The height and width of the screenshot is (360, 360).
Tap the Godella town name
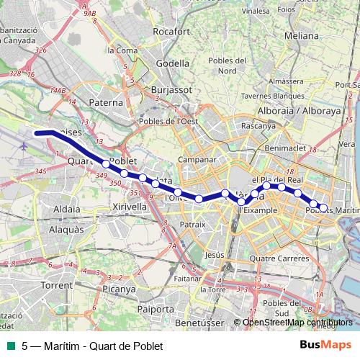tap(174, 63)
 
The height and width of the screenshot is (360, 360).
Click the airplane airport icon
tap(25, 146)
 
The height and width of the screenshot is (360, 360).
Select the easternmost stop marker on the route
tap(323, 207)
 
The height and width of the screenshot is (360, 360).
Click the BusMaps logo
tap(325, 345)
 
